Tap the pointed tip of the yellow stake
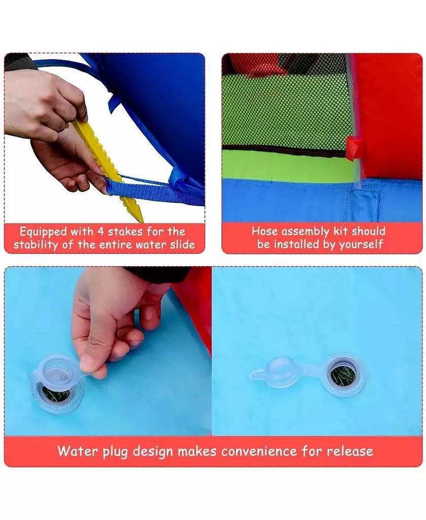pos(143,222)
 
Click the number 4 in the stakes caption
pos(101,231)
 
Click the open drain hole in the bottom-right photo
pos(343,375)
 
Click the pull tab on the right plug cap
pos(257,375)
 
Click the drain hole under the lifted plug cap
pos(56,394)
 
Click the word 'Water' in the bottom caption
pos(78,451)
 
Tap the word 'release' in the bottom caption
pos(350,451)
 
